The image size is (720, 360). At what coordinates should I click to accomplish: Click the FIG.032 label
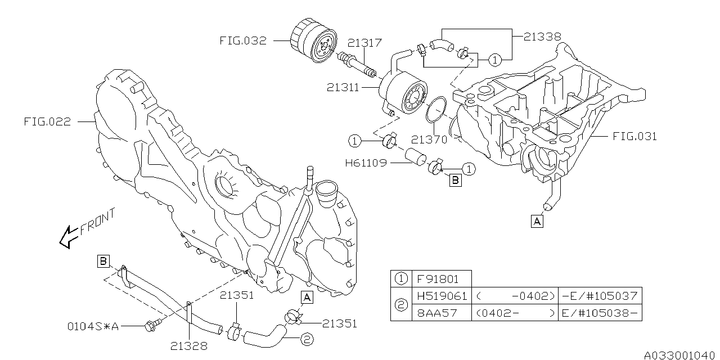pos(243,40)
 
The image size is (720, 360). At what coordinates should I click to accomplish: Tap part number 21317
pos(364,43)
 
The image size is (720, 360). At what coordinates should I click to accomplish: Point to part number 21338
pos(542,36)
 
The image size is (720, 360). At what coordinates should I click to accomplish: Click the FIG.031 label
pos(634,136)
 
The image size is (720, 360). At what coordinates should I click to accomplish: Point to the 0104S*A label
pos(93,325)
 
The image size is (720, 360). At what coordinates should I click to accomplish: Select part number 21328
pos(188,346)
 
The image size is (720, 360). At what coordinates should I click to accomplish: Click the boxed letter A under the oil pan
pos(537,222)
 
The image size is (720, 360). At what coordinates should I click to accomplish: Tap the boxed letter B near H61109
pos(455,180)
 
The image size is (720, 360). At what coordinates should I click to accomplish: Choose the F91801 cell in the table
pos(435,278)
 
